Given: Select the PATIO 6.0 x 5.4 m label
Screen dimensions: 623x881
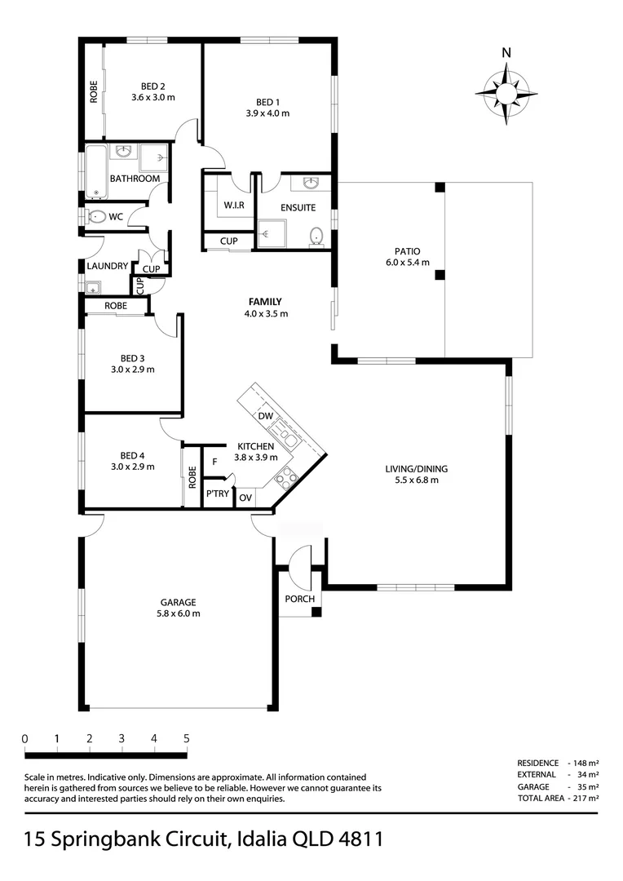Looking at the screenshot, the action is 407,257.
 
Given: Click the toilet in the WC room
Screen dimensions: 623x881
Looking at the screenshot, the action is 96,216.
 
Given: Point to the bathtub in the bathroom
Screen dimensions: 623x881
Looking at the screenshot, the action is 96,171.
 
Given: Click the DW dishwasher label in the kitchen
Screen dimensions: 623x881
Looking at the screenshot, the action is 266,416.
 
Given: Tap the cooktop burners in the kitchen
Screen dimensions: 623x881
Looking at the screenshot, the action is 286,479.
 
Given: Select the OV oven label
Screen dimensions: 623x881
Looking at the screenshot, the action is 245,498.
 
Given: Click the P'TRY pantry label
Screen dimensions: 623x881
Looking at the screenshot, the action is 218,494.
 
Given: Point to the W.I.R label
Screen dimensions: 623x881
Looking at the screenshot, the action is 234,206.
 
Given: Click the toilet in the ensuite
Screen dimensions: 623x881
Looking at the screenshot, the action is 317,237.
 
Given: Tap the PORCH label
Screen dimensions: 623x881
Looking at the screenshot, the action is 299,599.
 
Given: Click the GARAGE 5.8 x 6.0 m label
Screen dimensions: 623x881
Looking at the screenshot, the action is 178,608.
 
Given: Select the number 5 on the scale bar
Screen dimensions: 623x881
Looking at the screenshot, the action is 187,738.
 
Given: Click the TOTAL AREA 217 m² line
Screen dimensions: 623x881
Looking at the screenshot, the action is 558,798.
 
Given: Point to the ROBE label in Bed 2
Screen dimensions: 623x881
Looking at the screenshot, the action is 93,91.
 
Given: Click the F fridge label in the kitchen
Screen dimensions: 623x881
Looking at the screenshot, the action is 214,462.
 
